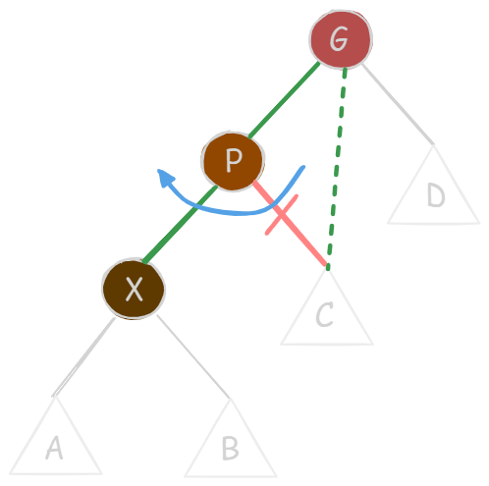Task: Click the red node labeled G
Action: [341, 39]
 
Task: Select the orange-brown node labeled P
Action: [233, 161]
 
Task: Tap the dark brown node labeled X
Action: [134, 289]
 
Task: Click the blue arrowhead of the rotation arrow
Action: [165, 178]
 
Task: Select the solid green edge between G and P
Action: [284, 99]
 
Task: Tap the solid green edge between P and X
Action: [180, 225]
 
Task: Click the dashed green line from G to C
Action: [337, 169]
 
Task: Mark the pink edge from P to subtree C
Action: [290, 223]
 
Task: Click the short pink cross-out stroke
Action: [282, 215]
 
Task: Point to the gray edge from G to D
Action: [398, 104]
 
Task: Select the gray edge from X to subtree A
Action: [84, 356]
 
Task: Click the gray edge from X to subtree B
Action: [193, 356]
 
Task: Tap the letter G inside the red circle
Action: [339, 38]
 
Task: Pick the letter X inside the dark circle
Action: [135, 289]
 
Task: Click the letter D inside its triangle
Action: [436, 194]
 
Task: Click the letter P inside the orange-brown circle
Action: [234, 160]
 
